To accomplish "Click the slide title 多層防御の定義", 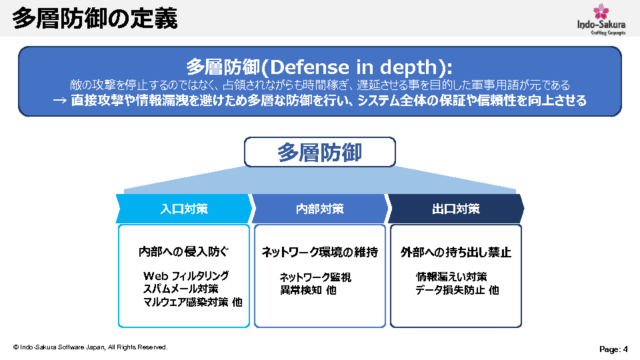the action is pos(95,19).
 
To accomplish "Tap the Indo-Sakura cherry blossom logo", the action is pos(601,19).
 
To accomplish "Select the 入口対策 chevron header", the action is pos(184,209).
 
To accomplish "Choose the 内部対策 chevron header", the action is pos(320,209).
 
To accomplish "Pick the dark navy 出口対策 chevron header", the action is pos(456,209).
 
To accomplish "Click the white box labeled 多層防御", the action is pos(320,152).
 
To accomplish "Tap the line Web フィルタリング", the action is pos(186,276).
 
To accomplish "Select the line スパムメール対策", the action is pos(181,289).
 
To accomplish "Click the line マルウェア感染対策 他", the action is pos(193,302).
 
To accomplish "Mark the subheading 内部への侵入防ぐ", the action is pos(184,251).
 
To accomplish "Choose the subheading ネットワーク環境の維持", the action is pos(320,252).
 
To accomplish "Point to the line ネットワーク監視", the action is pos(315,277).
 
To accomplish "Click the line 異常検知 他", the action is pos(308,290).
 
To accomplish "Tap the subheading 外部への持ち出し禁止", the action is pos(456,252).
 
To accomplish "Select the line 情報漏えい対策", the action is pos(451,277).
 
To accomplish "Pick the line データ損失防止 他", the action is pos(457,290).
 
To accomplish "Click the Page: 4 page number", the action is pos(613,349).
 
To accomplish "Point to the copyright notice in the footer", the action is pos(90,347).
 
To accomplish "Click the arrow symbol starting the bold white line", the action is pos(59,101).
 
